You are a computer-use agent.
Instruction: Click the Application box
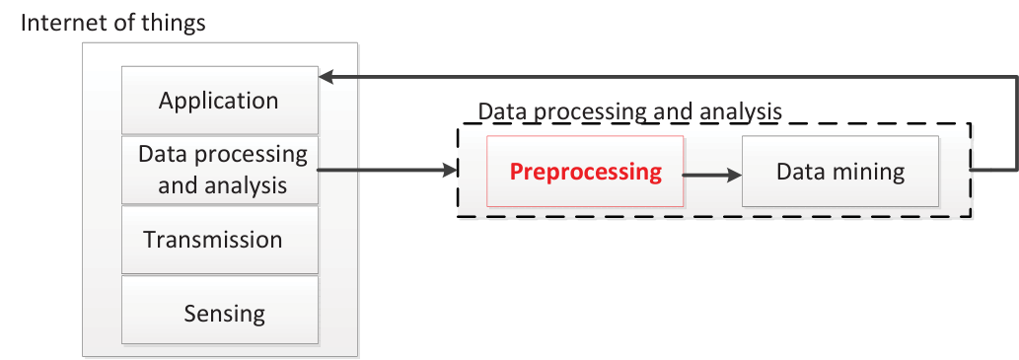[220, 100]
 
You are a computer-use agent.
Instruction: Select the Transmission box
[220, 240]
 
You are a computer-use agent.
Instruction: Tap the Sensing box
[220, 310]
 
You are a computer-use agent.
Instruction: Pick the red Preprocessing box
[585, 172]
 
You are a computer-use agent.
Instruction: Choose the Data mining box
[840, 172]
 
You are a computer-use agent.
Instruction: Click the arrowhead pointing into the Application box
[327, 77]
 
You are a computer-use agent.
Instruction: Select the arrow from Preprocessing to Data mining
[712, 175]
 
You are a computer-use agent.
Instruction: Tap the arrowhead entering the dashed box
[452, 171]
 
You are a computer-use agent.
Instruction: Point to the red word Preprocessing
[586, 173]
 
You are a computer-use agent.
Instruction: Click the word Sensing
[224, 315]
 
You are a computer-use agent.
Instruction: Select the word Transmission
[213, 240]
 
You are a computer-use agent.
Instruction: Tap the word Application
[218, 102]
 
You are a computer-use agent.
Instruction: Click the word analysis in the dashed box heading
[741, 111]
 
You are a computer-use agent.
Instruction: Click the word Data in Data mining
[797, 172]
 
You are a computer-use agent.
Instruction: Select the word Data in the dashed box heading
[498, 111]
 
